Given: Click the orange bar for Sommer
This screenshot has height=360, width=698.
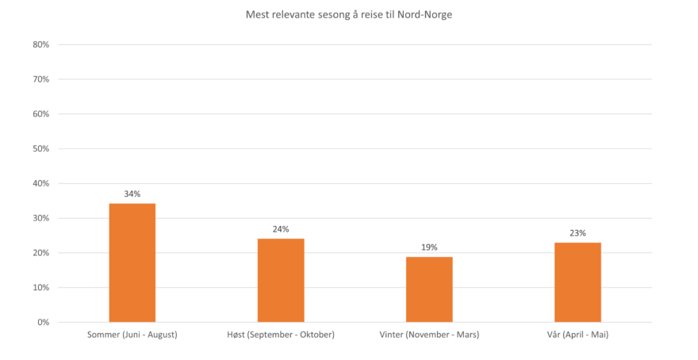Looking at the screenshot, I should [132, 262].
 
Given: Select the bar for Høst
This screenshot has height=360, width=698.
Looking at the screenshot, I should [281, 280].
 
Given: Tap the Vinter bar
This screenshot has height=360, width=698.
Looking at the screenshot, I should [429, 289].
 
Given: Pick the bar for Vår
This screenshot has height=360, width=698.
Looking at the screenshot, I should [577, 281].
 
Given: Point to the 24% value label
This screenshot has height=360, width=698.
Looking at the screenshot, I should [281, 229].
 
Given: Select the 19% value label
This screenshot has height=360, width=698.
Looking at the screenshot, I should [429, 247].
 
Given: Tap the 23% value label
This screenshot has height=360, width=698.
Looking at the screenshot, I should [577, 233].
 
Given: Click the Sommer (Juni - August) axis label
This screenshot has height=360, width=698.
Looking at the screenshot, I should [132, 335].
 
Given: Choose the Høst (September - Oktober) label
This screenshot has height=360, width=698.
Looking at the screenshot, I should [281, 335].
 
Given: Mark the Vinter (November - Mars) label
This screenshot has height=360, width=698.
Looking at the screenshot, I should [429, 335].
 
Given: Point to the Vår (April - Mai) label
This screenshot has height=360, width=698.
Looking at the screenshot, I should [577, 335].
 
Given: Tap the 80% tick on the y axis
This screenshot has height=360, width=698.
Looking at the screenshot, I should [41, 44].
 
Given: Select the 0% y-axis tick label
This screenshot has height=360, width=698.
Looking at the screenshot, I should [44, 322].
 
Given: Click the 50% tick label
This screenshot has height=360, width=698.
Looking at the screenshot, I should [41, 148].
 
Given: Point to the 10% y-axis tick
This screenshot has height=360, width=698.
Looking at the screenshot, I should [41, 287].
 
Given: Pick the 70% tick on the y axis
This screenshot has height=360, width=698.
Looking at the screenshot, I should [41, 79].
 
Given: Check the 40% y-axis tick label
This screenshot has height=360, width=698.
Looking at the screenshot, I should [41, 183].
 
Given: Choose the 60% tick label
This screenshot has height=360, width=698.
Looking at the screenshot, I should [41, 114].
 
